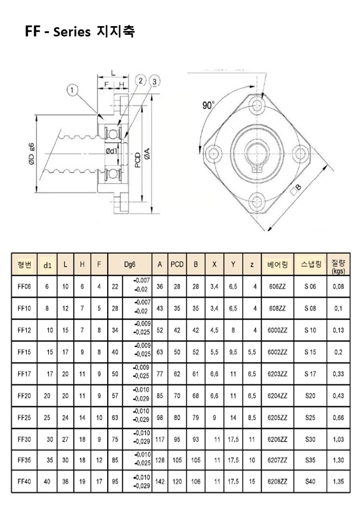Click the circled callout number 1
[x=72, y=90]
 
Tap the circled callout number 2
[x=140, y=80]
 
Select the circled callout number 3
[x=154, y=81]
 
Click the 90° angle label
[x=208, y=105]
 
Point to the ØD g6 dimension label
[x=32, y=154]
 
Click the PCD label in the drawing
[x=138, y=160]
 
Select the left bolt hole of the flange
[x=214, y=154]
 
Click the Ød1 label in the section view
[x=112, y=151]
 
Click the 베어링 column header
[x=277, y=265]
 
